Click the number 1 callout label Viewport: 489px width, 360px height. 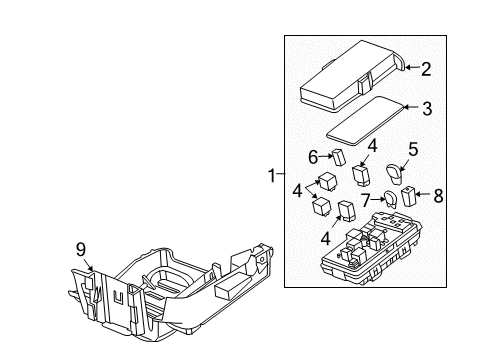click(270, 176)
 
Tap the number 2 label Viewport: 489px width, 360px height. click(425, 69)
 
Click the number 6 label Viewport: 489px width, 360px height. click(313, 157)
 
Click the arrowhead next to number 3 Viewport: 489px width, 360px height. click(408, 105)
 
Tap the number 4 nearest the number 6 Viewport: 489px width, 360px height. click(371, 145)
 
